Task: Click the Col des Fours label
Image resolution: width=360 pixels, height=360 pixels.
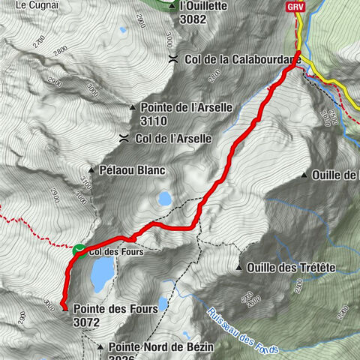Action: (116, 253)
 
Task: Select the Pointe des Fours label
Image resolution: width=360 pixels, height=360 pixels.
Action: (108, 307)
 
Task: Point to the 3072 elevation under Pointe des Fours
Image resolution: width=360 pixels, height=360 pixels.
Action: (87, 322)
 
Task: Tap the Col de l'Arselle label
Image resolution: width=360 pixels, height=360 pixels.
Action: (174, 138)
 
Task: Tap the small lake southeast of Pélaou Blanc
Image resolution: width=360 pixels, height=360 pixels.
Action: (163, 199)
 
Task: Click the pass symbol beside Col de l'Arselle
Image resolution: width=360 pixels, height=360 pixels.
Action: (122, 138)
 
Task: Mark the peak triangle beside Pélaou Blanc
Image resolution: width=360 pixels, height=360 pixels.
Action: (91, 170)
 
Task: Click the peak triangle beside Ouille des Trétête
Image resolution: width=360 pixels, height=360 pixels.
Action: (238, 268)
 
